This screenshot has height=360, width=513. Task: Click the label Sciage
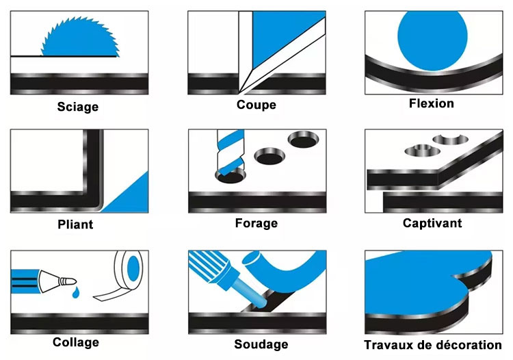click(78, 107)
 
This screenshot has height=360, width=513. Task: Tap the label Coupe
click(256, 105)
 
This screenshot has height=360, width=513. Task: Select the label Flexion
click(432, 103)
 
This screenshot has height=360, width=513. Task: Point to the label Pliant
click(75, 224)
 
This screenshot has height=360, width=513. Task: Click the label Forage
click(256, 223)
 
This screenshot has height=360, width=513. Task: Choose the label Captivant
click(432, 223)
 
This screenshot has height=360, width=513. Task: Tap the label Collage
click(76, 342)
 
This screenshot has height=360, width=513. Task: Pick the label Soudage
click(261, 344)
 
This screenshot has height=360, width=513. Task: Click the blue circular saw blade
click(80, 39)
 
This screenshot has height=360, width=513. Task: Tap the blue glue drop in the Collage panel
click(75, 292)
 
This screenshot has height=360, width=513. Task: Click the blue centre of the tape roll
click(133, 269)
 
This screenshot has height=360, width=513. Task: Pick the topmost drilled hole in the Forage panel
click(303, 140)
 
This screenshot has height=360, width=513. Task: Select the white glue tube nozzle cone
click(50, 281)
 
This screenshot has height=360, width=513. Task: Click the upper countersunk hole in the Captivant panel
click(451, 140)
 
